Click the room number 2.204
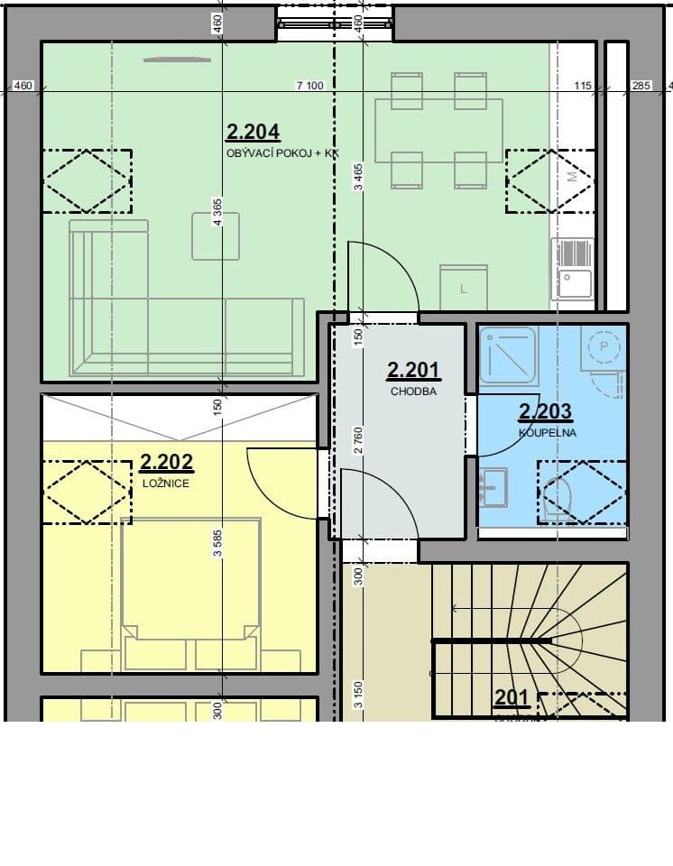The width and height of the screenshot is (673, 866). [x=253, y=134]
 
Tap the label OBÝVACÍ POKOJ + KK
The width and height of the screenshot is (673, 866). [x=281, y=154]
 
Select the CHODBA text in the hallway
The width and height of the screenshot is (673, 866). [x=412, y=392]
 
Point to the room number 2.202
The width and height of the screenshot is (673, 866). [x=167, y=464]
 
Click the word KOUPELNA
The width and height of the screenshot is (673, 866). [x=547, y=433]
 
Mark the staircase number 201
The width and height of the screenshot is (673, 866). [x=511, y=698]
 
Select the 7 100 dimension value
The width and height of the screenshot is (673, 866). [x=309, y=86]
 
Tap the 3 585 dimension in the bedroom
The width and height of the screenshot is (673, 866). [x=217, y=543]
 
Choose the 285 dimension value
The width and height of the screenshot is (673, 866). [x=640, y=86]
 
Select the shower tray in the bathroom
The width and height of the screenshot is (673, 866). [x=508, y=355]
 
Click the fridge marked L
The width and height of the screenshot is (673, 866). [x=464, y=288]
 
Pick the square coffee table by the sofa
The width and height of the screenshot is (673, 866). [x=216, y=236]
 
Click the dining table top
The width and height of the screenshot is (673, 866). [x=438, y=131]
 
